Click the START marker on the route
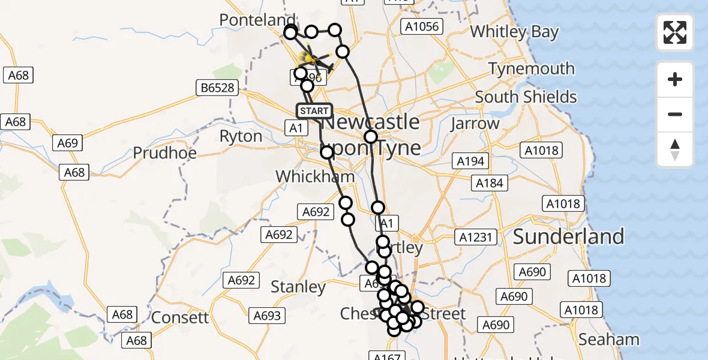[x=314, y=111]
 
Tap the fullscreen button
[x=675, y=32]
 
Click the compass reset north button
[x=675, y=150]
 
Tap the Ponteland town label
[x=257, y=20]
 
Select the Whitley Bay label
[x=514, y=32]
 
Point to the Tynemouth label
[x=532, y=69]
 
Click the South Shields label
[x=526, y=97]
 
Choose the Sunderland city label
[x=568, y=236]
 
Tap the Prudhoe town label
[x=164, y=152]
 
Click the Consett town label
[x=180, y=317]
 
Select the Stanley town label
[x=298, y=287]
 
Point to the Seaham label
[x=609, y=340]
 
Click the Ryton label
[x=241, y=136]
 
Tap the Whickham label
[x=315, y=176]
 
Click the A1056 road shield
[x=422, y=26]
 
